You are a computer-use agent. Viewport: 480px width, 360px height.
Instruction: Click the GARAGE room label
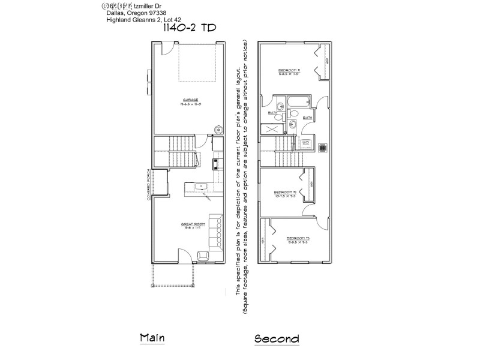(191, 100)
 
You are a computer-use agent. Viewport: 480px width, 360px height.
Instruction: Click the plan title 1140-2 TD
(188, 28)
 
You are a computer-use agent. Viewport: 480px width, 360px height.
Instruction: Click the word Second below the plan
(277, 338)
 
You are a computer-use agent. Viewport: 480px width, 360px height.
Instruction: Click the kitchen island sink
(203, 187)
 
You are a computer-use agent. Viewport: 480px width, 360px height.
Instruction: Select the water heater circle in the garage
(219, 128)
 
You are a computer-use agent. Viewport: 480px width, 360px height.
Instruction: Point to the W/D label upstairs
(305, 142)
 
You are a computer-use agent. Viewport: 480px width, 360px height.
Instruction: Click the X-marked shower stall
(271, 128)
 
